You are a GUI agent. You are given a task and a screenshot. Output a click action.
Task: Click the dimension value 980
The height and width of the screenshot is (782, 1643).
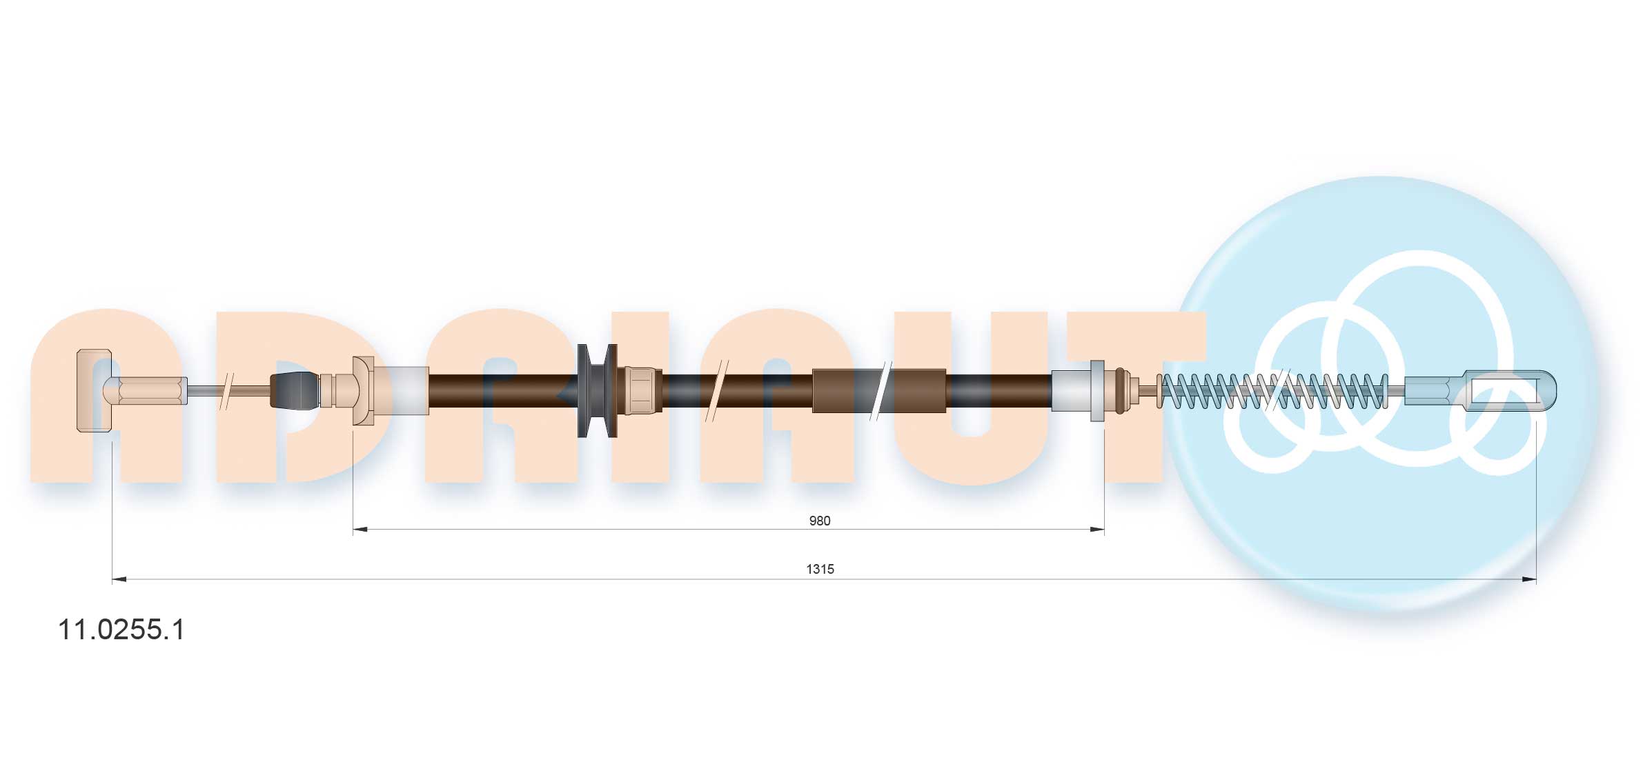(819, 521)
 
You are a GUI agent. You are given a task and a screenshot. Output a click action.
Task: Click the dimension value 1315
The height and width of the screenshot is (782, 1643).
(820, 569)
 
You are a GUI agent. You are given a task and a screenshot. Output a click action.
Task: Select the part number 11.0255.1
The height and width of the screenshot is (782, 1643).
(121, 630)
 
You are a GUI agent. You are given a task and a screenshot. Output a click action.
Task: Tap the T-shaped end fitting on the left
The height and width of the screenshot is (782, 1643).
(94, 390)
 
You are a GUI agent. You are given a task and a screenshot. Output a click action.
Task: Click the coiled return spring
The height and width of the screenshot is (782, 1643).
(1274, 391)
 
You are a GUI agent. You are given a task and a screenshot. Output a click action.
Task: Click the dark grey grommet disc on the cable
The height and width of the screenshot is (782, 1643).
(597, 390)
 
